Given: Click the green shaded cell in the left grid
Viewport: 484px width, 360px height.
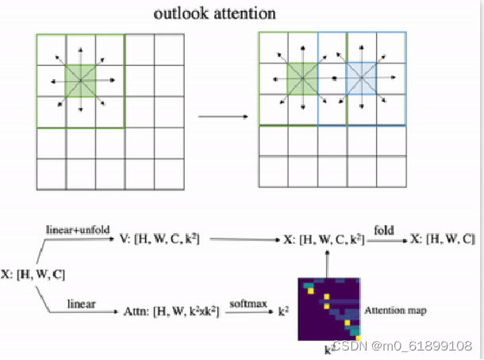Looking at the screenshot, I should [81, 80].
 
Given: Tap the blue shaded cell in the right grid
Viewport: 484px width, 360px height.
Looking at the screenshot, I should [361, 79].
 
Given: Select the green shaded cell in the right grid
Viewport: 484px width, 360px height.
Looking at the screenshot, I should [302, 79].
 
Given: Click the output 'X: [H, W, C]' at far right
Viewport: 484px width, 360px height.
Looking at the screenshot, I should [441, 239].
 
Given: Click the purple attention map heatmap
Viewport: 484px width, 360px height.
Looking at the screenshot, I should [329, 308].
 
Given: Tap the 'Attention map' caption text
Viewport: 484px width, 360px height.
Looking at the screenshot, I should [396, 310].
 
